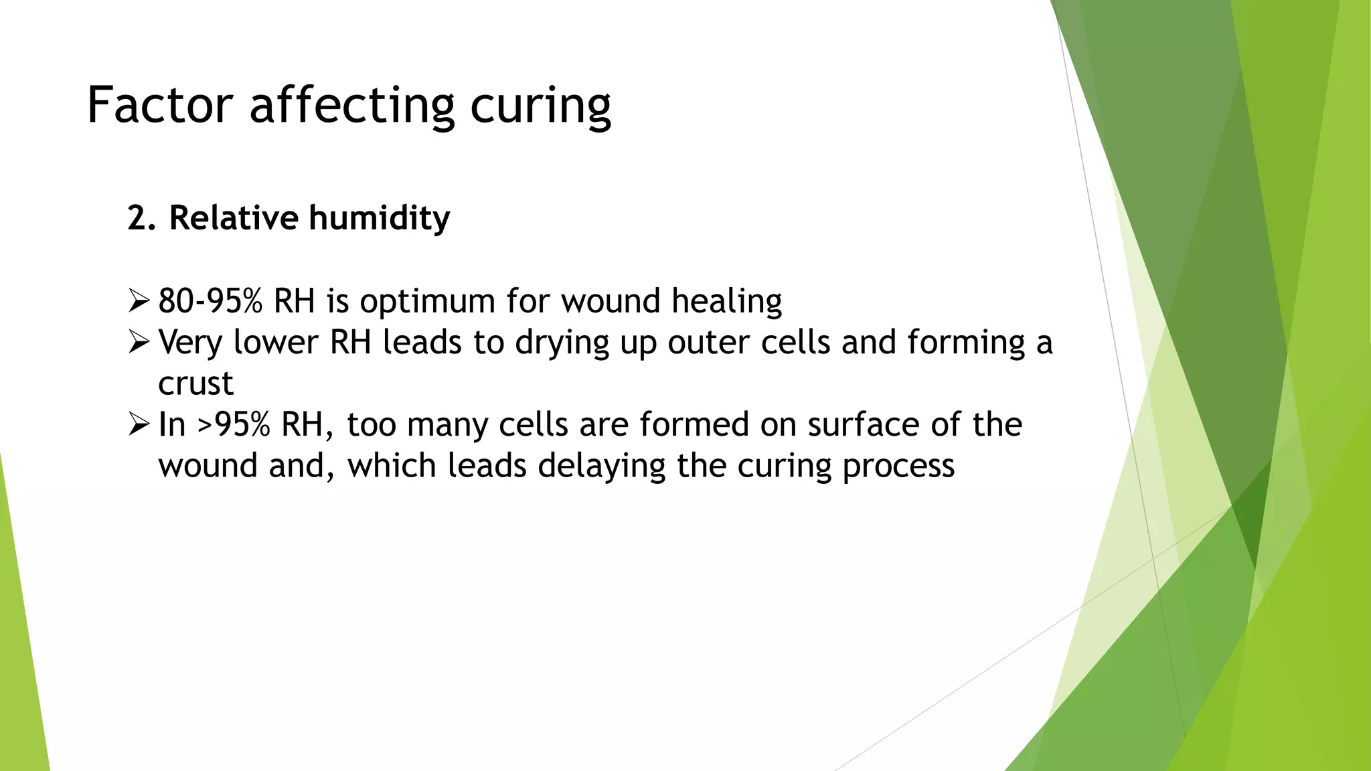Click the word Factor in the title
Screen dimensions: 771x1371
(159, 105)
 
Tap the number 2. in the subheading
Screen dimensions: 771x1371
(141, 218)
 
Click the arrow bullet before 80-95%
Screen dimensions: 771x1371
(139, 301)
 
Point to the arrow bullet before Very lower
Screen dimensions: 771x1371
(139, 342)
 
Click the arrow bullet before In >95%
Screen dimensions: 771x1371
(139, 424)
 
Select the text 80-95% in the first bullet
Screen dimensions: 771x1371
(210, 301)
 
